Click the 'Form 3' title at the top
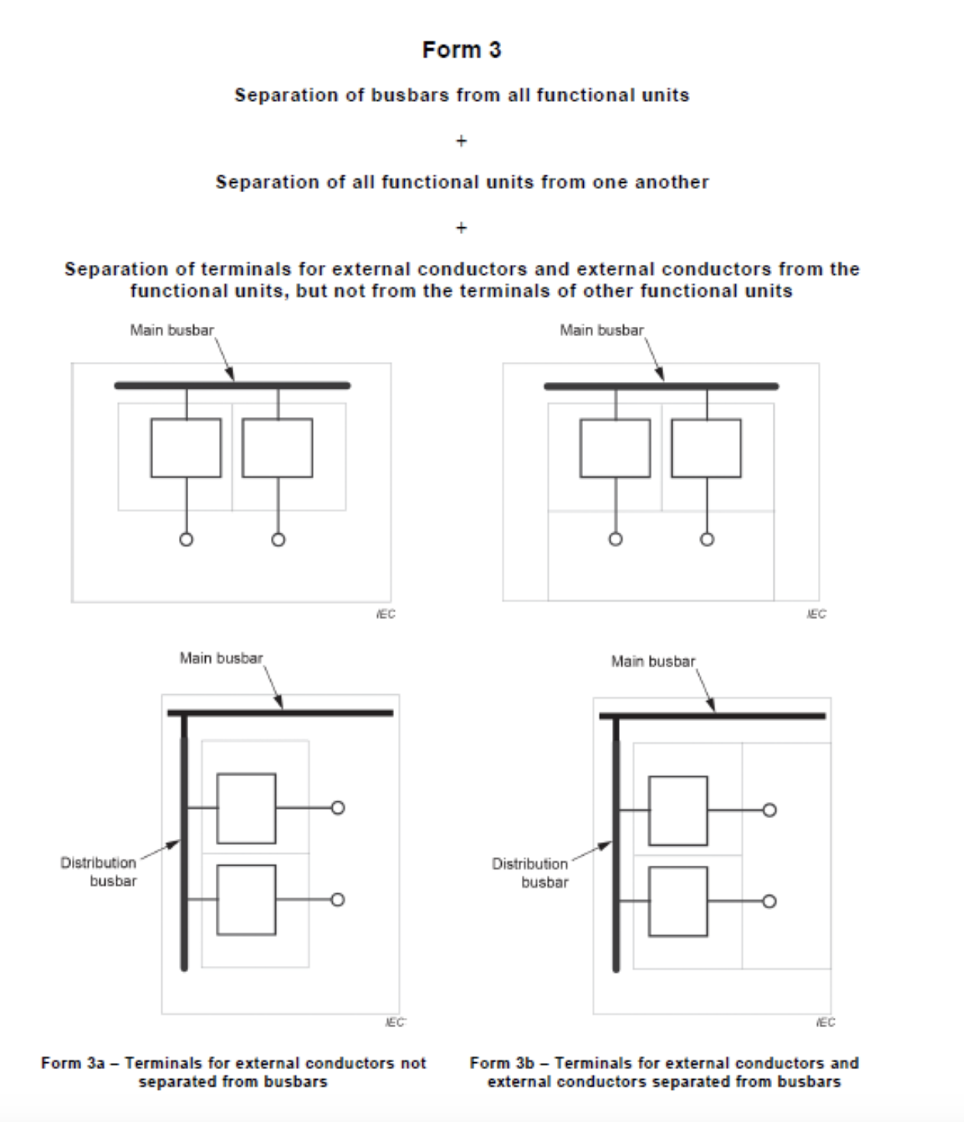tap(461, 50)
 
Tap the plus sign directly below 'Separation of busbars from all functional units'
tap(461, 141)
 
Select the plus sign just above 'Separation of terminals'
tap(461, 228)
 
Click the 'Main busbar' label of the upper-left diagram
tap(172, 330)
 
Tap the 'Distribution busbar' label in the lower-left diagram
tap(98, 872)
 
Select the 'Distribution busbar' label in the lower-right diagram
tap(530, 872)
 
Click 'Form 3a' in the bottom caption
tap(73, 1063)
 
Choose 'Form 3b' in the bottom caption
tap(502, 1063)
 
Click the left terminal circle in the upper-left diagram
tap(186, 540)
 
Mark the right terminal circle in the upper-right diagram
tap(707, 539)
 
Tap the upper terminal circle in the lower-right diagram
tap(769, 810)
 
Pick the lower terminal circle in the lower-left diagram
tap(337, 899)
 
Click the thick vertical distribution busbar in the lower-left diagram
tap(184, 842)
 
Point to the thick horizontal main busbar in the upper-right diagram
tap(661, 387)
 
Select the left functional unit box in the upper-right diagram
tap(615, 448)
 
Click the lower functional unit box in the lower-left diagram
tap(246, 899)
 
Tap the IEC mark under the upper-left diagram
tap(386, 614)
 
